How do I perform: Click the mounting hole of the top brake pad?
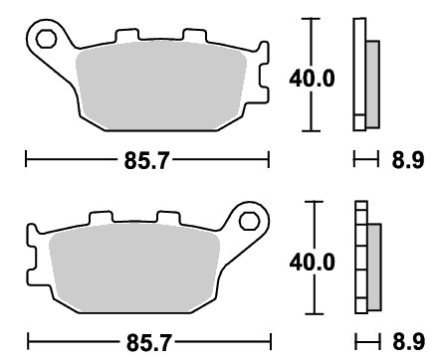[46, 39]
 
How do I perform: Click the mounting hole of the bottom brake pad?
[249, 221]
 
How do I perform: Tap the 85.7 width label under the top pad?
[146, 160]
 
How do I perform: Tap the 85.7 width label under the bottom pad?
[149, 342]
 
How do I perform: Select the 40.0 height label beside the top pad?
[312, 79]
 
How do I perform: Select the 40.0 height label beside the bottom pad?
[313, 263]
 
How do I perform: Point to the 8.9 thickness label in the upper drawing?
[408, 160]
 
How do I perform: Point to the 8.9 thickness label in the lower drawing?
[409, 341]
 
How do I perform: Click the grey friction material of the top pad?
[161, 86]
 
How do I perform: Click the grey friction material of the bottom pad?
[134, 268]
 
